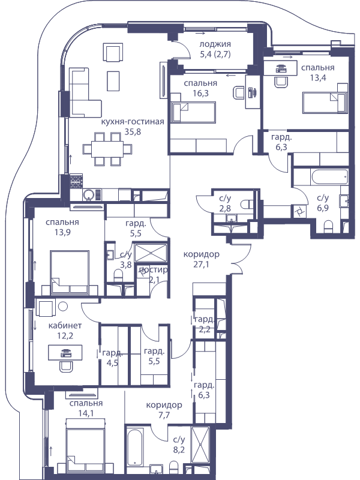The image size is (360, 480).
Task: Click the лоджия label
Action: [215, 44]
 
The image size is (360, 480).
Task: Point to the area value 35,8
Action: [133, 131]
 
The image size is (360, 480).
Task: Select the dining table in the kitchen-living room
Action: [107, 149]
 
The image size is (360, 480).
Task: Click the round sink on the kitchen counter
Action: [89, 194]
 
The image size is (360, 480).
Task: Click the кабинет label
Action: [65, 325]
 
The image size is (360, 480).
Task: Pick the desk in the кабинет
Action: [65, 353]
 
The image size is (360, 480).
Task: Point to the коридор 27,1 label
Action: [201, 259]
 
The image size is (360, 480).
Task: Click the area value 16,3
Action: [201, 93]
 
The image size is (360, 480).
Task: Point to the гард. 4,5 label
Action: [113, 358]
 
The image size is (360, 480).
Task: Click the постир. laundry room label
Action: [153, 269]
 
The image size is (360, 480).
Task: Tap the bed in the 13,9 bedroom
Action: [70, 272]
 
